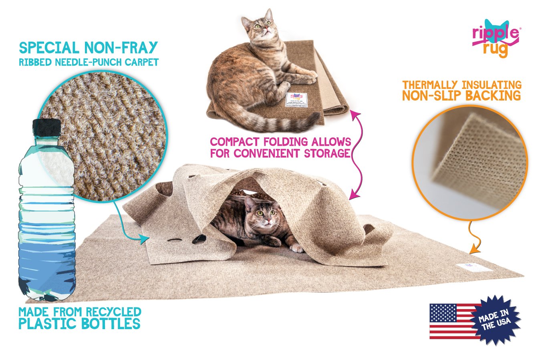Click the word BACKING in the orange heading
[495, 96]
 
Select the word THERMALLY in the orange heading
[430, 85]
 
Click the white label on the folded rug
[296, 100]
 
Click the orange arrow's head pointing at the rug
[472, 250]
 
